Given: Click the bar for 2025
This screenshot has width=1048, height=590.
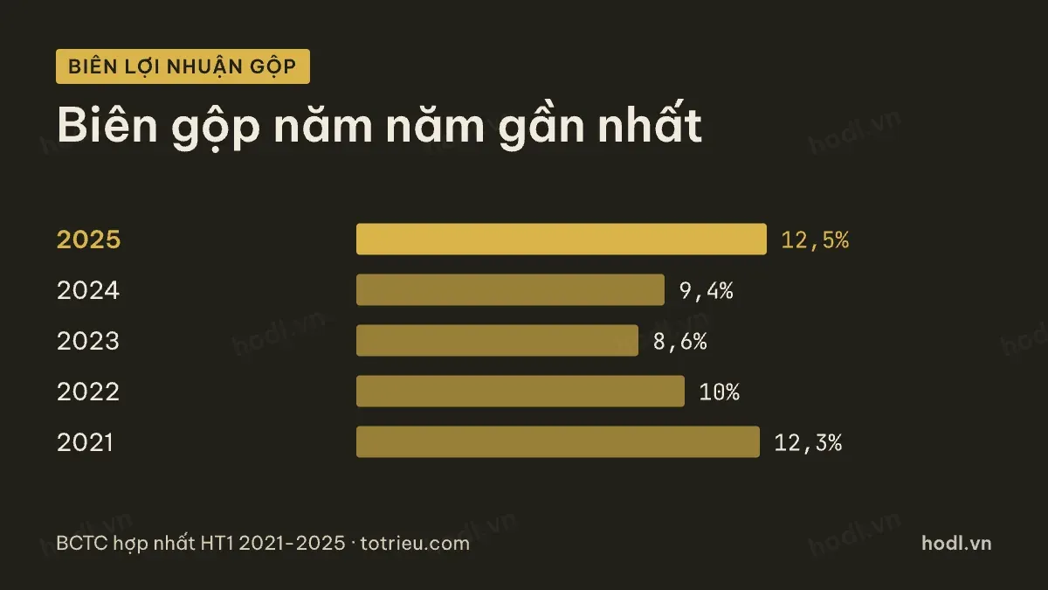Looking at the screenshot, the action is [x=562, y=239].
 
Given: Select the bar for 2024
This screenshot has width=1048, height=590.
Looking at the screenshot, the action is [x=510, y=290].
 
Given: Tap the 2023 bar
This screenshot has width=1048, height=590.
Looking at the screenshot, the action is [x=497, y=340].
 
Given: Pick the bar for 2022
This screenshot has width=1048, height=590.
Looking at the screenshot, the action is [x=521, y=391].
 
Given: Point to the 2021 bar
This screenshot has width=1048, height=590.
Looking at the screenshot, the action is [x=558, y=441].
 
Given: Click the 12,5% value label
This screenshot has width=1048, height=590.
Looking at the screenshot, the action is [x=815, y=240].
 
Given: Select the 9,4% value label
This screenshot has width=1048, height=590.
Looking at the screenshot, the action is [x=706, y=291].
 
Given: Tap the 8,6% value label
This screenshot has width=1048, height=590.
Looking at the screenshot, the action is [x=679, y=342].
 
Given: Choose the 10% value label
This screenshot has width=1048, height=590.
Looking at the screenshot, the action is [x=719, y=392].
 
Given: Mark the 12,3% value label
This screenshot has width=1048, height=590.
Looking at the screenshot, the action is [x=808, y=442].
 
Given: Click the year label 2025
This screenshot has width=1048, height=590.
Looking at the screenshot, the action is [x=88, y=239].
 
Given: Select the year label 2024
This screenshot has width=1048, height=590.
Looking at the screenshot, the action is [x=88, y=290].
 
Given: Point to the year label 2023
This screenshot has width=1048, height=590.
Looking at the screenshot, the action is [x=88, y=340].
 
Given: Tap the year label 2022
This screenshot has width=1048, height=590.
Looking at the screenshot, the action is [x=88, y=391].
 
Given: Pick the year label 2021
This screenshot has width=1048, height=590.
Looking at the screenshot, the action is [x=85, y=441].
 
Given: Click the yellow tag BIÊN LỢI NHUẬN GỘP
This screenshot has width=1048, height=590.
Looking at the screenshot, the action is [x=183, y=66].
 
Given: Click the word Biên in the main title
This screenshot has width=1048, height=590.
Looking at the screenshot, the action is [x=107, y=124].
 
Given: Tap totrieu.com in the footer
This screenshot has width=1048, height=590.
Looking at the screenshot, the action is [x=415, y=544].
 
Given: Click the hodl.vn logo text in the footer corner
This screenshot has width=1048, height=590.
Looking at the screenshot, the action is [x=956, y=543].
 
